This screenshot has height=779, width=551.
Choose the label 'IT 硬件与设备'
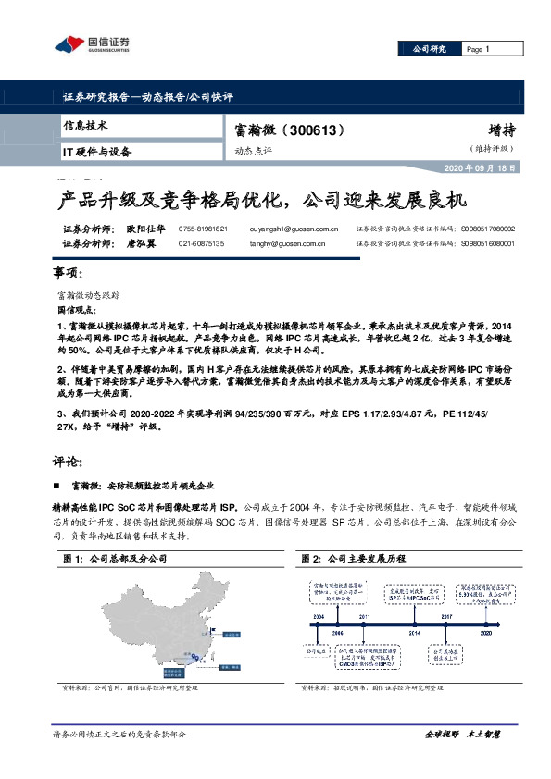coord(97,151)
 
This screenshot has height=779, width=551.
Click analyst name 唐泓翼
coord(143,243)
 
